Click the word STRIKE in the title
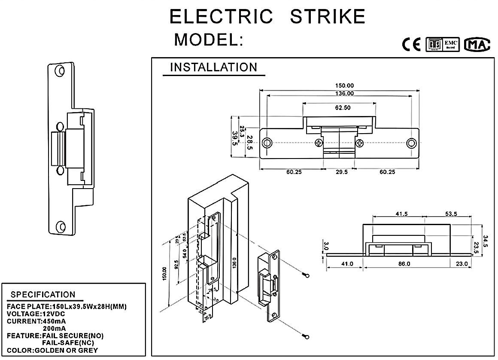[328, 17]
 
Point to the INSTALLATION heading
[213, 67]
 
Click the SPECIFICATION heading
[43, 295]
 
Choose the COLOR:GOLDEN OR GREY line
[52, 350]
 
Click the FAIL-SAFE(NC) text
[67, 343]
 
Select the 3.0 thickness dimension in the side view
[325, 246]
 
